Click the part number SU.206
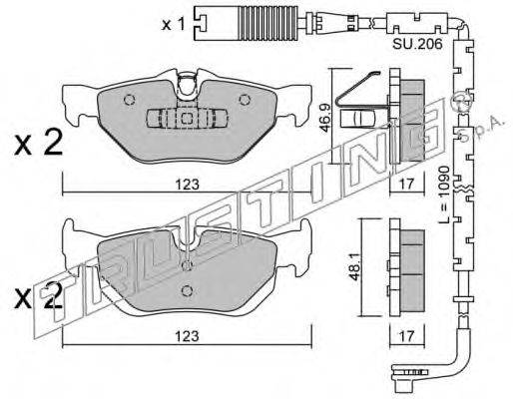click(417, 44)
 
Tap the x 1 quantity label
click(173, 25)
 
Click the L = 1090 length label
click(444, 195)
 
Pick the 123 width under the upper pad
click(188, 185)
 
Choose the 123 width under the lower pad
click(188, 336)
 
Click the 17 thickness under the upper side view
click(406, 185)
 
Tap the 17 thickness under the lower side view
click(406, 336)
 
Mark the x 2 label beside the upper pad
click(38, 143)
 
